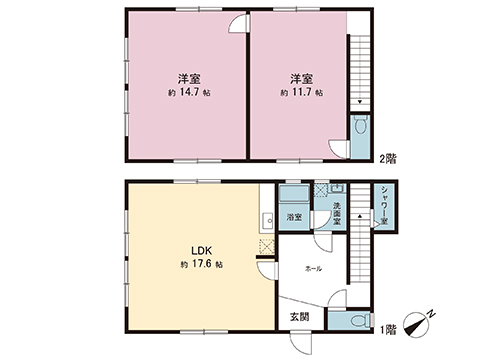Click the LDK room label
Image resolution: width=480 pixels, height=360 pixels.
tap(202, 250)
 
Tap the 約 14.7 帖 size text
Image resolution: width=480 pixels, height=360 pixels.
tap(189, 92)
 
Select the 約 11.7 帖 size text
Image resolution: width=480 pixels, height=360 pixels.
tap(301, 92)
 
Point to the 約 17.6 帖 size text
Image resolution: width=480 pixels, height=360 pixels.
tap(202, 264)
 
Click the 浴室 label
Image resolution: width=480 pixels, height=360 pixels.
tap(294, 217)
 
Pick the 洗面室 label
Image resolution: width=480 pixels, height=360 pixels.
tap(337, 213)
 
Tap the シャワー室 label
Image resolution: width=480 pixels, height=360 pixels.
tap(384, 205)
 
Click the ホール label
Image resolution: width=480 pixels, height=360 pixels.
tap(314, 269)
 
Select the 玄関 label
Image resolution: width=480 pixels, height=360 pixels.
tap(299, 317)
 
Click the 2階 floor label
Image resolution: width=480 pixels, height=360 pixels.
tap(388, 159)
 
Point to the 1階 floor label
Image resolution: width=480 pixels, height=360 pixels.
tap(388, 330)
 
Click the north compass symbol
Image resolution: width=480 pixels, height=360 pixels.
tap(417, 324)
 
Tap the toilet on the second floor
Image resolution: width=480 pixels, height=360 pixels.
tap(360, 125)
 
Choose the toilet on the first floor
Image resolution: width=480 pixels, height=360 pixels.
tap(359, 321)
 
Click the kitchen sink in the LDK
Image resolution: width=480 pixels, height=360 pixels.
tap(267, 220)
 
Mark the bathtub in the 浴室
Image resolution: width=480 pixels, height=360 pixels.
tap(295, 194)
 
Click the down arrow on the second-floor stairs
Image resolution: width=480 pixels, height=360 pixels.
tap(360, 102)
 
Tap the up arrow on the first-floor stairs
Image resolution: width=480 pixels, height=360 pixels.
tap(360, 216)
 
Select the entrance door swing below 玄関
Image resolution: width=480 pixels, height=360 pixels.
tap(301, 343)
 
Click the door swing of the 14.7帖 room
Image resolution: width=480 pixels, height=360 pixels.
tap(239, 23)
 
